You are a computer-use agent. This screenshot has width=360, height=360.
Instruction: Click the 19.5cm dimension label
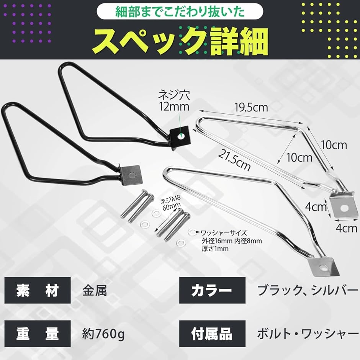(x=251, y=108)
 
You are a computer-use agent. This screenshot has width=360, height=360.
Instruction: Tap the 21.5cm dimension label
(x=234, y=160)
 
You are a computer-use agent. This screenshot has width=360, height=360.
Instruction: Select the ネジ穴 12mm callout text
(x=174, y=101)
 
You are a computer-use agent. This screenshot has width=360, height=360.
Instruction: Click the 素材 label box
(x=38, y=290)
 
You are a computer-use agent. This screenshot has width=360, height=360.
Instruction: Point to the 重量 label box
(x=38, y=334)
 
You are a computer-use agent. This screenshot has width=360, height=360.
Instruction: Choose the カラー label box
(x=212, y=290)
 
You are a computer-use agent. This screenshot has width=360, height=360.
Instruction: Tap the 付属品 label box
(x=212, y=334)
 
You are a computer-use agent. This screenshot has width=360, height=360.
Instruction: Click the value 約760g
(x=103, y=334)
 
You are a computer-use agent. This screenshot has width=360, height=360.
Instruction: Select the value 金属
(x=95, y=291)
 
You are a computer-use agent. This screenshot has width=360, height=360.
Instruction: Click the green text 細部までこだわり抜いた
(x=180, y=12)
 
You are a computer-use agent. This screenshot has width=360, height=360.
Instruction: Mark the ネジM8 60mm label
(x=170, y=202)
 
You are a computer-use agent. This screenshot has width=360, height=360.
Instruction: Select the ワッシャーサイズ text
(x=224, y=233)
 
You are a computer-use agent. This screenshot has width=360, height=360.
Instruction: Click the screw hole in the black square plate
(x=182, y=136)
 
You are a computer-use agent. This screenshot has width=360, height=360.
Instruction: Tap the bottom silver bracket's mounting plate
(x=324, y=267)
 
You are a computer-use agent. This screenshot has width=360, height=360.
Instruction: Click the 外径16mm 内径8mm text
(x=232, y=241)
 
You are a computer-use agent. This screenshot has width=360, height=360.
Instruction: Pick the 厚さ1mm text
(x=215, y=249)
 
